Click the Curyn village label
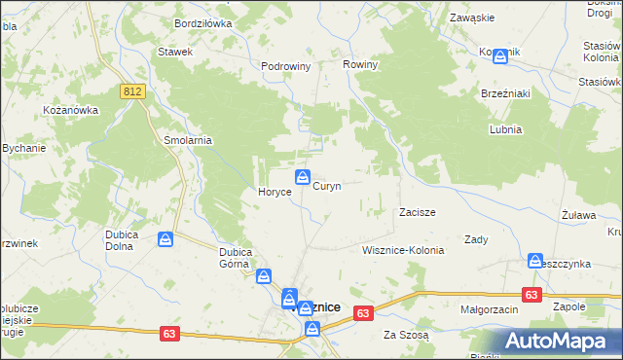click(326, 186)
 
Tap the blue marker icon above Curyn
click(303, 178)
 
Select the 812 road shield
click(133, 90)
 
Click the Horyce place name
click(275, 193)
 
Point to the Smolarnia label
click(188, 140)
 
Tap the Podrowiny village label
click(285, 66)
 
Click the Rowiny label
click(360, 64)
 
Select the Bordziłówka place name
click(202, 22)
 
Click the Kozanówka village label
click(71, 110)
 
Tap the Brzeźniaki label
click(504, 93)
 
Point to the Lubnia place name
click(506, 129)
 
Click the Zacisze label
click(417, 212)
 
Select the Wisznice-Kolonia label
click(402, 250)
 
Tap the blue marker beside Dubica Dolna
click(166, 238)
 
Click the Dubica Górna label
click(236, 257)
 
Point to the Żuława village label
click(578, 214)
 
